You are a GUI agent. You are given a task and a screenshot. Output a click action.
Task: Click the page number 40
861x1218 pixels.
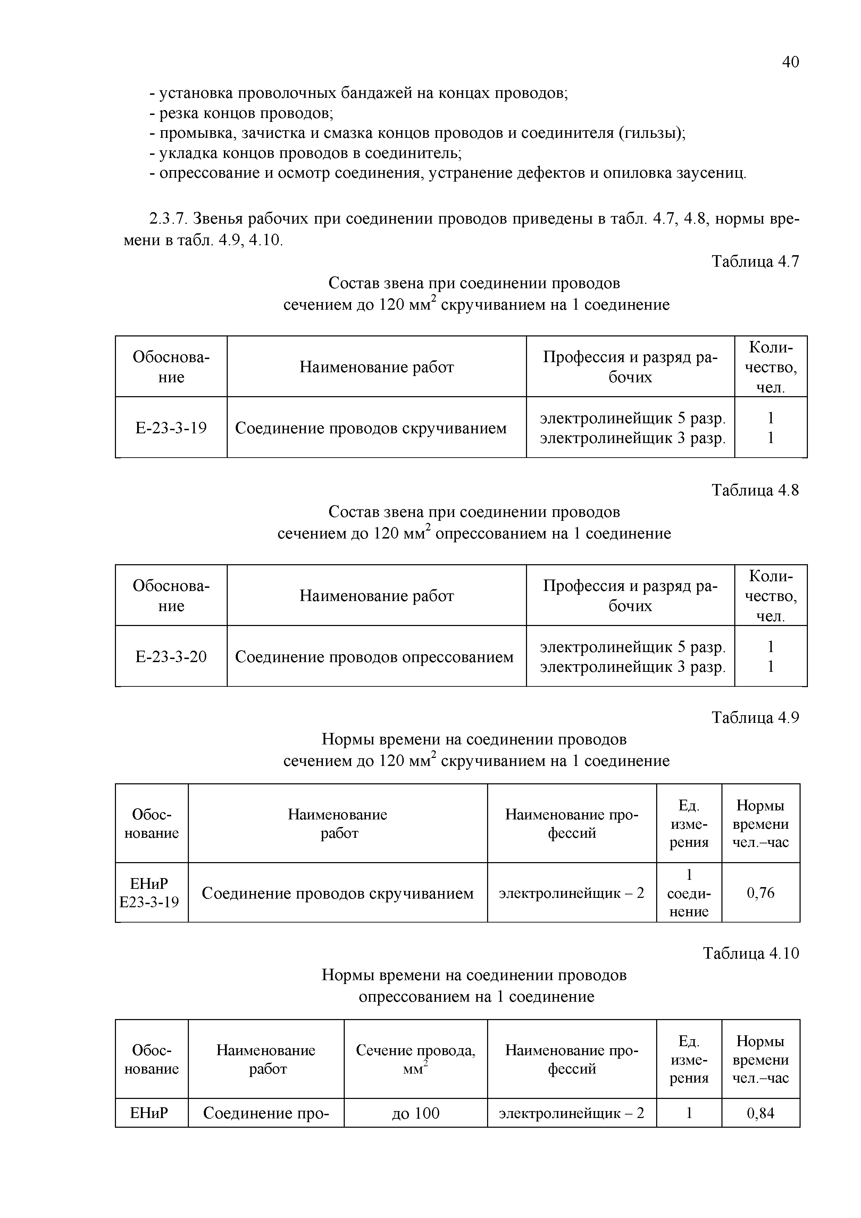point(790,62)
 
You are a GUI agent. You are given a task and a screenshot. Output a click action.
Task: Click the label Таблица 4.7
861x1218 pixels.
point(754,261)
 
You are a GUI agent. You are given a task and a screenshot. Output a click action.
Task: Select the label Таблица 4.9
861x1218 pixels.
point(754,718)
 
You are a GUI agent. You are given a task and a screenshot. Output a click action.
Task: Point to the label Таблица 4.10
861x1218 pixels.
point(751,953)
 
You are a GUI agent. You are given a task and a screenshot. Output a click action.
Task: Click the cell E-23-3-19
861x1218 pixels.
point(171,427)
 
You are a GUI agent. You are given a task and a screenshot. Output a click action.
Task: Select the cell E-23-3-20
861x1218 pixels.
point(171,657)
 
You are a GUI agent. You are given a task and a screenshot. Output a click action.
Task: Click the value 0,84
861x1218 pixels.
point(760,1113)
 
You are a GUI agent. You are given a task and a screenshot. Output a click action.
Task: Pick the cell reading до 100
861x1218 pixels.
point(415,1113)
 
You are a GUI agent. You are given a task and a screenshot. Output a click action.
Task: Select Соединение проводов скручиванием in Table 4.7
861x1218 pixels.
point(371,427)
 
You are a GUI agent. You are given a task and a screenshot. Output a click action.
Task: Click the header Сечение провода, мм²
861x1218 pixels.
point(415,1059)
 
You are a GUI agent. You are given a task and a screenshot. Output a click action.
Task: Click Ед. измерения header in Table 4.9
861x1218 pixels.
point(688,824)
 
